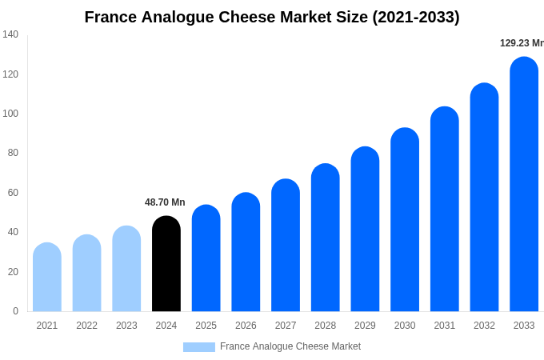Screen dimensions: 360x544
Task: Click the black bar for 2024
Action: click(x=166, y=264)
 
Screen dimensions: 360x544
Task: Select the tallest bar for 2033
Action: click(x=524, y=184)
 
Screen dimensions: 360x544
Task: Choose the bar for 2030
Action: click(x=405, y=220)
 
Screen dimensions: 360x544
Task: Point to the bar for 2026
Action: click(x=246, y=252)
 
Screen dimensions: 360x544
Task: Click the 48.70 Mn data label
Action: click(x=165, y=202)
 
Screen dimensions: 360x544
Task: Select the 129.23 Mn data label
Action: click(x=522, y=43)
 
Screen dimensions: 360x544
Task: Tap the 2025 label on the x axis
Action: click(x=206, y=326)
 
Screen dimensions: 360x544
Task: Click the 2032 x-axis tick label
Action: click(x=484, y=326)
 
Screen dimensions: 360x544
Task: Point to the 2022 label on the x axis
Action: click(x=86, y=326)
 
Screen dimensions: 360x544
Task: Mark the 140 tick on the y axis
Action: click(x=10, y=34)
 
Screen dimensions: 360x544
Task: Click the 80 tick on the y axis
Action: click(x=13, y=153)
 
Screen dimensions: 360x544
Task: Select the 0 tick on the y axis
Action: click(x=15, y=311)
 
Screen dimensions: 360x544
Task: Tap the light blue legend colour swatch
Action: click(x=198, y=347)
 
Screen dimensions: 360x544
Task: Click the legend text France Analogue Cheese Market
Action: click(x=290, y=346)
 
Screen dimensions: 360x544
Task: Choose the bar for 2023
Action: click(x=126, y=269)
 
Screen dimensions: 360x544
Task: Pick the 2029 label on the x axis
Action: click(x=365, y=326)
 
